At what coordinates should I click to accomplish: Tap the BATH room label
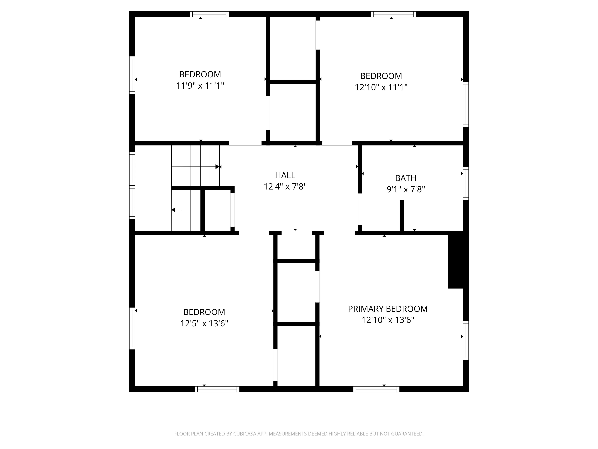coord(405,178)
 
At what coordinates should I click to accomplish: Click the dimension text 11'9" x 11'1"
coord(200,86)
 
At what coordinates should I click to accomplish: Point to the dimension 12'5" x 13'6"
coord(204,323)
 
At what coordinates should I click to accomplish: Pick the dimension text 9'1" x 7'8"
coord(405,189)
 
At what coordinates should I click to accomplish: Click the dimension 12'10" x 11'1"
coord(381,87)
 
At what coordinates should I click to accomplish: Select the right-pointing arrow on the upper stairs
coord(217,167)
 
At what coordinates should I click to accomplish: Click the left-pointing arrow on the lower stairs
coord(174,210)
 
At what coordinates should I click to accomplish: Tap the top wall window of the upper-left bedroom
coord(209,14)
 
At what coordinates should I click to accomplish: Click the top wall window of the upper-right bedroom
coord(393,14)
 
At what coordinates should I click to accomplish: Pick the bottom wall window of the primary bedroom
coord(376,389)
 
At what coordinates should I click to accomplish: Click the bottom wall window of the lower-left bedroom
coord(217,389)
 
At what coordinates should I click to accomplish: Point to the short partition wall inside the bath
coord(402,216)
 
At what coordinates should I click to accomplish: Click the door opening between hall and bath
coord(360,209)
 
